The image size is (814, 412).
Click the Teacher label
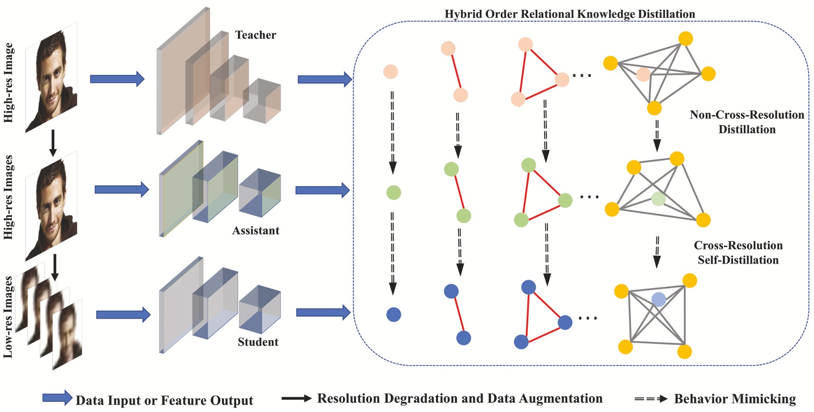click(x=256, y=35)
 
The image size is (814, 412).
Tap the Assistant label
click(x=256, y=230)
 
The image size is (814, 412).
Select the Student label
click(x=258, y=342)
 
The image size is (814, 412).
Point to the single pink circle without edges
click(x=390, y=72)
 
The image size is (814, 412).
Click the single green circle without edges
click(x=394, y=192)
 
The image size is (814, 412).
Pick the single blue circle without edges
click(x=394, y=314)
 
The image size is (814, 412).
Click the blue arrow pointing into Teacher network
click(x=117, y=79)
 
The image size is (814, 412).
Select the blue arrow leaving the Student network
click(x=323, y=312)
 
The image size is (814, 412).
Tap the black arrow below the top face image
click(x=53, y=143)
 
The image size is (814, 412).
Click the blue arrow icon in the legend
click(x=58, y=398)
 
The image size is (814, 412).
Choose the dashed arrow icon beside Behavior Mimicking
click(x=651, y=399)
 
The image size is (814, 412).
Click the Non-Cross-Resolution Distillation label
click(x=747, y=122)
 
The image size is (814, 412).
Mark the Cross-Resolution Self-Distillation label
click(x=738, y=252)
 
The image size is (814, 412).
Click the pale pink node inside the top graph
click(x=643, y=74)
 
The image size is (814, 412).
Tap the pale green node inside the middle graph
click(x=658, y=199)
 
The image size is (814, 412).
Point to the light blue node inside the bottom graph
click(x=658, y=300)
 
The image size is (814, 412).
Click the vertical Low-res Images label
click(x=8, y=317)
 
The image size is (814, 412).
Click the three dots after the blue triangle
click(x=588, y=318)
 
